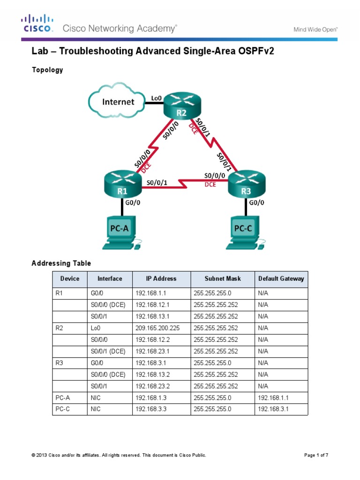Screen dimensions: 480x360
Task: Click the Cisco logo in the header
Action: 36,23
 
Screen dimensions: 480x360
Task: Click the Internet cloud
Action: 118,102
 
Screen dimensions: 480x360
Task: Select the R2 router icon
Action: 182,107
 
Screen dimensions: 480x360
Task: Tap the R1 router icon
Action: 122,185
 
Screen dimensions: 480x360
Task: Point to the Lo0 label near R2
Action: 156,98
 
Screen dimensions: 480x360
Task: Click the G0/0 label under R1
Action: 134,203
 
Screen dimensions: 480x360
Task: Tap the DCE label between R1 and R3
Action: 210,185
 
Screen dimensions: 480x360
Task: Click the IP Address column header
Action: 161,278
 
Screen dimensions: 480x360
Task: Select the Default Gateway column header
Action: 281,278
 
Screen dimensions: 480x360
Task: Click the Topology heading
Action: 47,70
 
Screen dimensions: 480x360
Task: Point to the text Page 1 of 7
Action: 318,455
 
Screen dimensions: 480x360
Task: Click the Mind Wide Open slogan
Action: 315,29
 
